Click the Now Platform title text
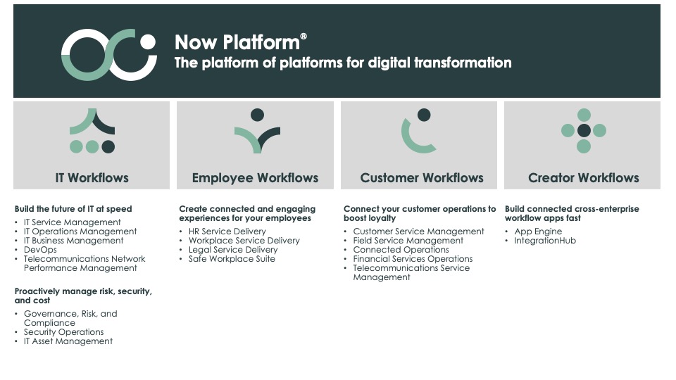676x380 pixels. (x=241, y=42)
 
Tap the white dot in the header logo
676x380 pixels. (x=148, y=42)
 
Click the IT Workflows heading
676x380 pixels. (x=92, y=177)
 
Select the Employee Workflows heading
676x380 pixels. (x=255, y=177)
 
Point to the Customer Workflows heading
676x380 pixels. (x=422, y=177)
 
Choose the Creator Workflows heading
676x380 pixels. (x=584, y=177)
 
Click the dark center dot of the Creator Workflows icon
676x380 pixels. (x=584, y=131)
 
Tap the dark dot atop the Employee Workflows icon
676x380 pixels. (x=258, y=115)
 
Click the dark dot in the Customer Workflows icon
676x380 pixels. (x=424, y=115)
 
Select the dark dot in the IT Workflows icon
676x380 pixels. (x=108, y=147)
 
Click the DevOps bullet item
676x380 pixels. (x=40, y=250)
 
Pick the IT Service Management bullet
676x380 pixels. (x=72, y=222)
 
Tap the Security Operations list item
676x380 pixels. (x=64, y=332)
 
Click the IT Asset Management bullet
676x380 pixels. (x=68, y=341)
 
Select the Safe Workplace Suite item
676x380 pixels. (x=232, y=259)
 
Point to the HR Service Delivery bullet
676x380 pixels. (x=227, y=232)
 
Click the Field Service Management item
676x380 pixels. (x=408, y=241)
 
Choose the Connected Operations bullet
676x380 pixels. (x=401, y=250)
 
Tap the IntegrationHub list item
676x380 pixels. (x=545, y=241)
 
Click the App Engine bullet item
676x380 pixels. (x=538, y=232)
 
